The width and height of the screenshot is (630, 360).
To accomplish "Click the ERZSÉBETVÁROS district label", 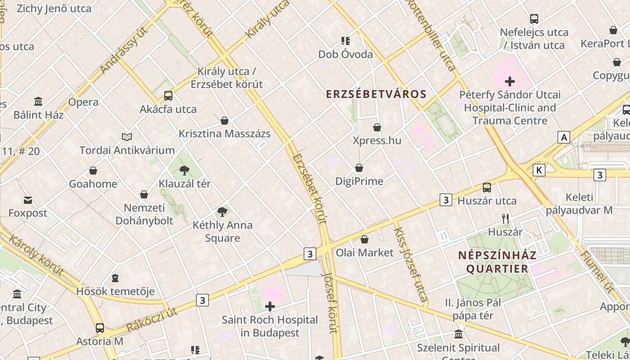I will click(x=376, y=94).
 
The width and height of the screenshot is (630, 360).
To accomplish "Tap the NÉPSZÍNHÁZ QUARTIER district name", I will click(x=497, y=262).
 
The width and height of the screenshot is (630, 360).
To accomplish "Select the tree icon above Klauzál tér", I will click(x=184, y=170).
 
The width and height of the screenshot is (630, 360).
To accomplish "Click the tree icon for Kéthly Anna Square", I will click(x=222, y=211).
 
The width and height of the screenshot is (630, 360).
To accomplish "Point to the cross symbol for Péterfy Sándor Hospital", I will click(x=509, y=81).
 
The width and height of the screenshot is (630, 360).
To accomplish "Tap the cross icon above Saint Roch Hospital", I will click(x=270, y=307).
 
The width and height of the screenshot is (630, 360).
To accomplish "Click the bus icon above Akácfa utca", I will click(x=168, y=95).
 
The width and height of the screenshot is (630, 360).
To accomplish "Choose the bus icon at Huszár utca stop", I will click(x=487, y=187).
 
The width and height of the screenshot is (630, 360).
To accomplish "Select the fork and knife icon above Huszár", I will click(x=505, y=219).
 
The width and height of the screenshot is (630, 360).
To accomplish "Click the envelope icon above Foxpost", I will click(x=28, y=200).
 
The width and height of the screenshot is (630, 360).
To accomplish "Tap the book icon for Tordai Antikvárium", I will click(x=127, y=137).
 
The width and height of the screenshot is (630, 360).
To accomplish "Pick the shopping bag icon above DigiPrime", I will click(x=359, y=168).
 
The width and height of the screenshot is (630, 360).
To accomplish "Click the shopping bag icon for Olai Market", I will click(x=364, y=239).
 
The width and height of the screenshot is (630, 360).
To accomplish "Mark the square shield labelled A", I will click(x=563, y=137).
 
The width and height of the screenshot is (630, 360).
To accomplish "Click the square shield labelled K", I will click(x=539, y=170).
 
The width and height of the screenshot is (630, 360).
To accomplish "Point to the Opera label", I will click(x=83, y=102).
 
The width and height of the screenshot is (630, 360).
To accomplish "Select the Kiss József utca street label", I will click(x=410, y=264).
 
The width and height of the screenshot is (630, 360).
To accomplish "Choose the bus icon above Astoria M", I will click(x=100, y=328).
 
